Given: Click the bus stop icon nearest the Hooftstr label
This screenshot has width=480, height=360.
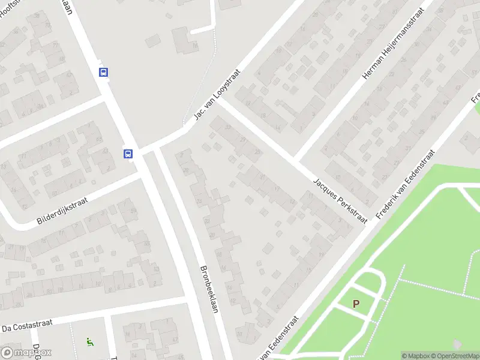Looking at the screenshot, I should (104, 72).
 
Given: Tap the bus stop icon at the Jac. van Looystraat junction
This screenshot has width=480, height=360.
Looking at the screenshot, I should (128, 154).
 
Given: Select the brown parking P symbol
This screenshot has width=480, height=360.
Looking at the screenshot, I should (356, 304).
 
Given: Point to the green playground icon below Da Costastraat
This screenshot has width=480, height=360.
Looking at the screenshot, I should (89, 343).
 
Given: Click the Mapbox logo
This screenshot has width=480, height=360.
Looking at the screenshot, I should (26, 353).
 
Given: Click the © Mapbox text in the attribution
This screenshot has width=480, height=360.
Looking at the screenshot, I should (413, 356).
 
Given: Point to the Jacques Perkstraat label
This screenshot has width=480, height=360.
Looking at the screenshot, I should (341, 201).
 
